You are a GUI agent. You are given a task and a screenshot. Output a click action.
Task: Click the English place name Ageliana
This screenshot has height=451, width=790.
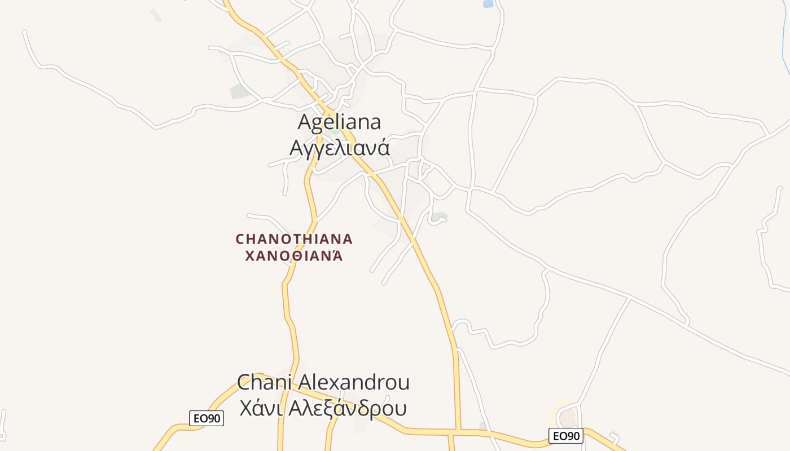[x=339, y=122]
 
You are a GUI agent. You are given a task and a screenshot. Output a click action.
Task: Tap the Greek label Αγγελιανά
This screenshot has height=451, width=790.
[x=339, y=148]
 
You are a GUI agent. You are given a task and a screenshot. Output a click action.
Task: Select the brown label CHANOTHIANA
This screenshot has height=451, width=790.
[x=294, y=239]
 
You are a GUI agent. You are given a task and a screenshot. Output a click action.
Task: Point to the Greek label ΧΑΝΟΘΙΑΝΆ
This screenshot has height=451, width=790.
[x=294, y=256]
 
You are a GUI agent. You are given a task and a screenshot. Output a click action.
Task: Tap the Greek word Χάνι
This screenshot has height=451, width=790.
[x=260, y=408]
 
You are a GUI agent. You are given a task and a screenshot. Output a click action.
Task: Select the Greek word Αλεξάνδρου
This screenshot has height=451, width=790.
[x=347, y=408]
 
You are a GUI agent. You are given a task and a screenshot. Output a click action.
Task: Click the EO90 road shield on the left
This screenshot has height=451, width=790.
[x=206, y=418]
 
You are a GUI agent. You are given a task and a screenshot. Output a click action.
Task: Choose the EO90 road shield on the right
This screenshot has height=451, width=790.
[x=565, y=436]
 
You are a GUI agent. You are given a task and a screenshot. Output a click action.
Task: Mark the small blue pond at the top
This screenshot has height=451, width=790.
[x=488, y=4]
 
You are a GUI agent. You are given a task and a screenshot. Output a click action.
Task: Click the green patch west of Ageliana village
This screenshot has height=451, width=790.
[x=239, y=91]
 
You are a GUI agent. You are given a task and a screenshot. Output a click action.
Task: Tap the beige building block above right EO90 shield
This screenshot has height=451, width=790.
[x=568, y=418]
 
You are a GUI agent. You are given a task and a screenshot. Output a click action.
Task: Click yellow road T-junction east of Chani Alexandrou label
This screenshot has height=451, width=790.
[x=458, y=432]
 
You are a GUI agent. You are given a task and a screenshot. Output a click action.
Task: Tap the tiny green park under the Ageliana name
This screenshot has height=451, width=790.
[x=335, y=132]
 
